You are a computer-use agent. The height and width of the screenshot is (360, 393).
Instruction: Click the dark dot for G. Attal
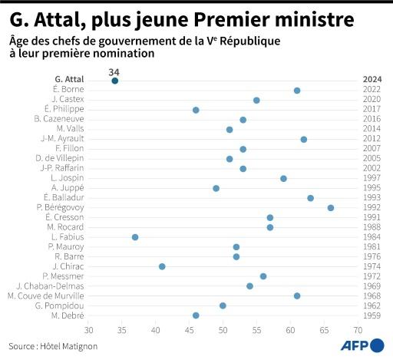(115, 81)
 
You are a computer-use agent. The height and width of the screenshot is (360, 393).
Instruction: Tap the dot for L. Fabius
(135, 236)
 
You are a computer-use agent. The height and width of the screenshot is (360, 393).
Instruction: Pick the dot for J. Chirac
(162, 266)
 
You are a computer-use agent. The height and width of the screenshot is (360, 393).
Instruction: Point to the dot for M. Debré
(196, 315)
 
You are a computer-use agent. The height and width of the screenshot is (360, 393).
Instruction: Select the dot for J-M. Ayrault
(304, 139)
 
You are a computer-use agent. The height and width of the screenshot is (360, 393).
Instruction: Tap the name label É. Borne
(68, 90)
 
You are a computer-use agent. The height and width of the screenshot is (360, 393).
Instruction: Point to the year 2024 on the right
(373, 80)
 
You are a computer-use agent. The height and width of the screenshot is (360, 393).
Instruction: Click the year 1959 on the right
(373, 315)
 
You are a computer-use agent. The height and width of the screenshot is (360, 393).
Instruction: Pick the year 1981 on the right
(373, 246)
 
